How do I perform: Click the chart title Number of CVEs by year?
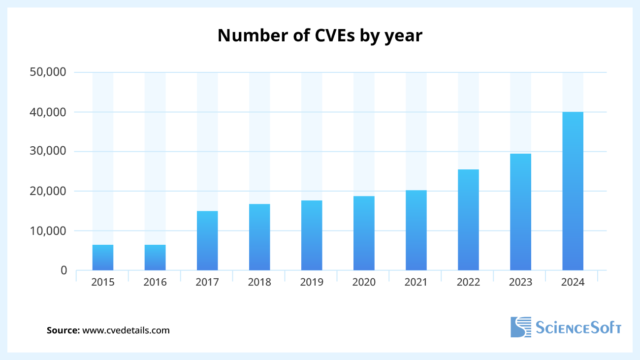click(x=320, y=35)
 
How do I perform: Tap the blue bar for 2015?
click(x=103, y=258)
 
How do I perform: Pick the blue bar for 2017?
click(x=207, y=241)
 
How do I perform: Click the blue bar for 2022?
click(x=468, y=220)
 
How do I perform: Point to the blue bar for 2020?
click(x=364, y=233)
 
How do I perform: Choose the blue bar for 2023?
click(x=520, y=212)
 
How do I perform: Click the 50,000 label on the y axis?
click(x=48, y=72)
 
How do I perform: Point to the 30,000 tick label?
click(x=48, y=152)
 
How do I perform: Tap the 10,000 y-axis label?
click(x=48, y=231)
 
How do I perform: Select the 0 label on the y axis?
click(x=64, y=270)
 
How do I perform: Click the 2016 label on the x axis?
click(x=155, y=283)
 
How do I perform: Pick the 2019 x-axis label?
click(x=312, y=283)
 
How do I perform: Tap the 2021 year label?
click(x=416, y=283)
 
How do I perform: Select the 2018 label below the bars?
click(x=259, y=283)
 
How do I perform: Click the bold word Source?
click(x=63, y=330)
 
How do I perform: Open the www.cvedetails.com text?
click(x=126, y=330)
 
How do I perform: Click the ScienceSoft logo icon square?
click(x=521, y=327)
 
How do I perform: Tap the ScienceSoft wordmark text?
click(x=578, y=327)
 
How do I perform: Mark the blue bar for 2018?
click(x=259, y=237)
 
